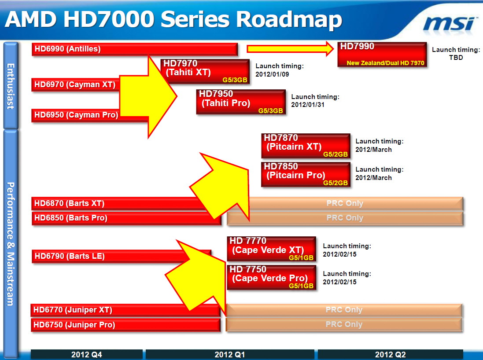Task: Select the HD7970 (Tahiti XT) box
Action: pos(205,71)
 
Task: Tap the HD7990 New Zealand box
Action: pos(382,54)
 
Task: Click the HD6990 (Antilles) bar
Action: pos(135,49)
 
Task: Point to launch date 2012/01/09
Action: pos(272,74)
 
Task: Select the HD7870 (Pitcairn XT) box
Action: pos(306,146)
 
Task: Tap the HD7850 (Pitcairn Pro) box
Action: pos(306,174)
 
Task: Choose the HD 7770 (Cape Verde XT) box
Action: pos(271,249)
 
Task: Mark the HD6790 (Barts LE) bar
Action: pos(121,256)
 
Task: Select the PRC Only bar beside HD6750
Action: pos(344,324)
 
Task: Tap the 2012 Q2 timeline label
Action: pos(390,354)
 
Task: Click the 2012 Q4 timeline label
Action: pos(87,354)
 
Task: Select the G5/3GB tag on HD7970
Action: pos(235,80)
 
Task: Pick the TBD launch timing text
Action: pos(456,58)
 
